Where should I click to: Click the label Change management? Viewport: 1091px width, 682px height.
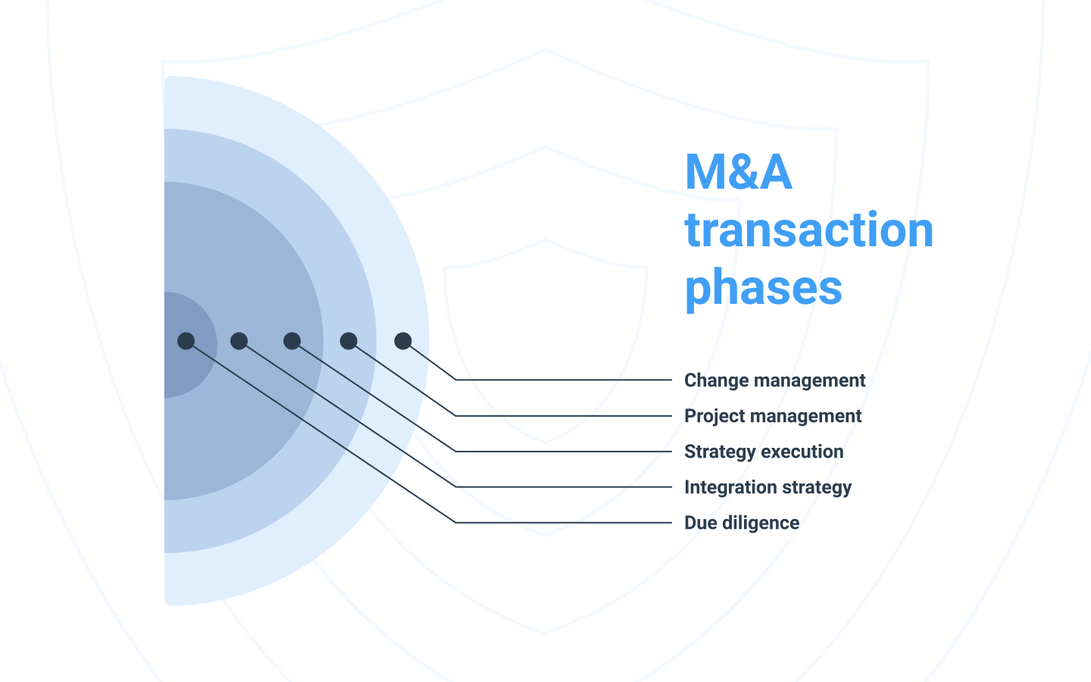[774, 380]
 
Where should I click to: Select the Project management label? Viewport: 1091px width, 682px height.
[773, 416]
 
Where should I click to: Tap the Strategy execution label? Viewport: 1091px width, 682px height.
[764, 452]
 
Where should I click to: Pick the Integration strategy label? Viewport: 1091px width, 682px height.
[767, 487]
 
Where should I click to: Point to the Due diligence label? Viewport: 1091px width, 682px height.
[742, 523]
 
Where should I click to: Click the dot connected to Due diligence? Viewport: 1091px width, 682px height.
[186, 341]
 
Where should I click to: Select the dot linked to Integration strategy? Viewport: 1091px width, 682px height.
[239, 341]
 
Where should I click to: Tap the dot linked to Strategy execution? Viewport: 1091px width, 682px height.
[292, 341]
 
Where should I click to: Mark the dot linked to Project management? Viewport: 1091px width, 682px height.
[349, 341]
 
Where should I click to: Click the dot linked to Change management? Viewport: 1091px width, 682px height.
[403, 341]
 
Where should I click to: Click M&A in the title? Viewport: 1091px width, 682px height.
[738, 173]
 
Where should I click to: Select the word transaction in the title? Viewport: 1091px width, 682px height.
[808, 230]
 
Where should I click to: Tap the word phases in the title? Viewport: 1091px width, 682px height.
[763, 288]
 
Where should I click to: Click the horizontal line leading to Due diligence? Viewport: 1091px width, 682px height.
[564, 522]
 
